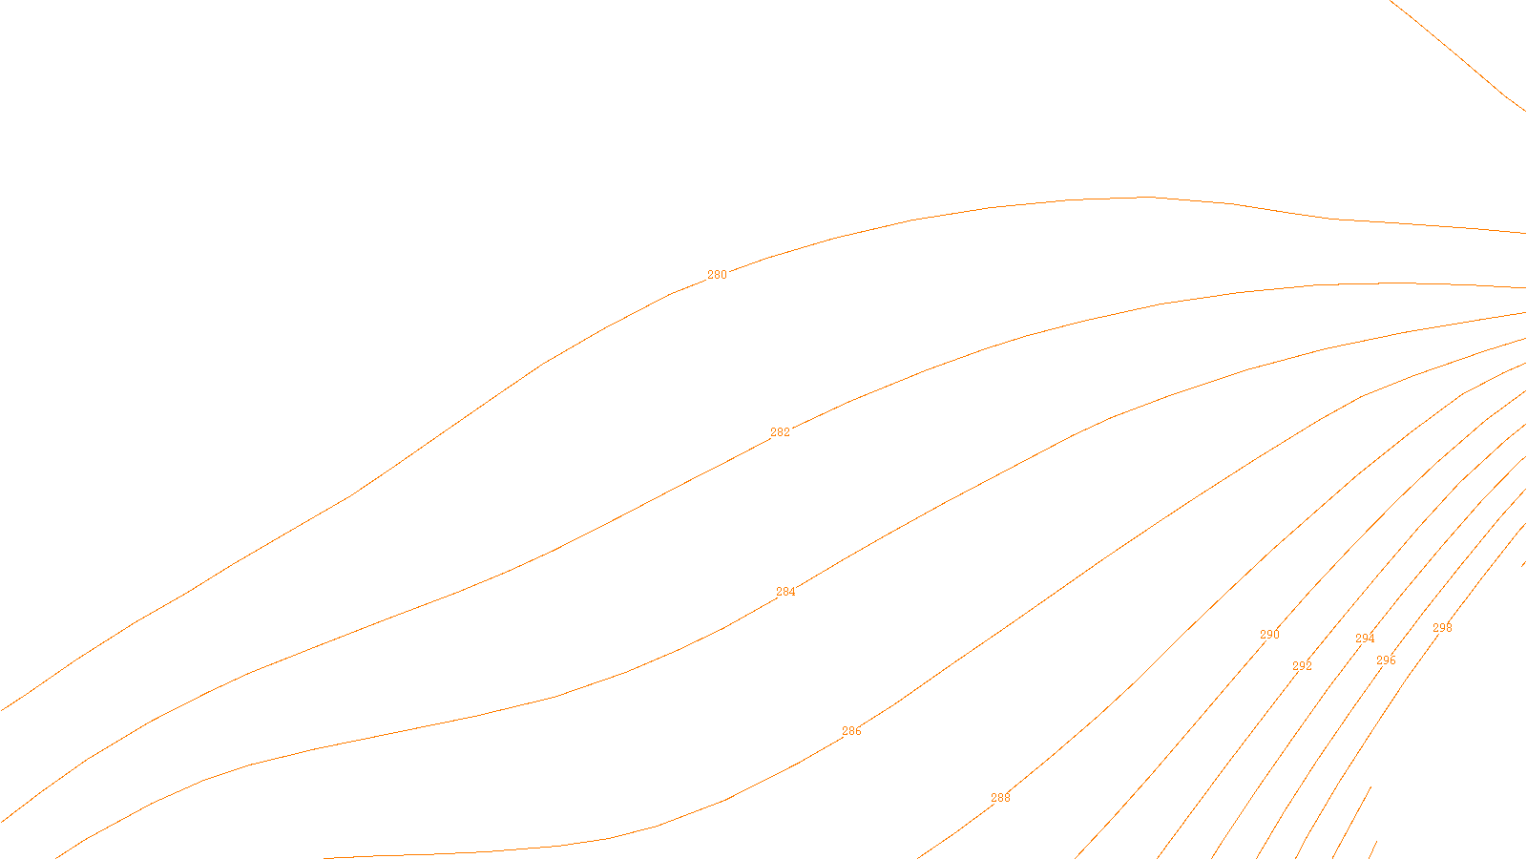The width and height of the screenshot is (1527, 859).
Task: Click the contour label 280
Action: (717, 275)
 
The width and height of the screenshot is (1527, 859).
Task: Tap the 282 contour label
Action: (780, 432)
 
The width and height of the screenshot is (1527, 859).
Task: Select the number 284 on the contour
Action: (785, 592)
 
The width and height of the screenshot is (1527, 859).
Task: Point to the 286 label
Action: (851, 731)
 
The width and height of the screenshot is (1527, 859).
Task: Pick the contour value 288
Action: (1000, 798)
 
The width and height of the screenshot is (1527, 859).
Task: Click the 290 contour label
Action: (1269, 635)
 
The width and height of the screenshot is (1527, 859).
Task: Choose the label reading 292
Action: (1302, 666)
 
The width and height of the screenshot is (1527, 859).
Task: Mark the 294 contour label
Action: (1365, 639)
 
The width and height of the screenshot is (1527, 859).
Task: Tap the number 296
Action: (1386, 660)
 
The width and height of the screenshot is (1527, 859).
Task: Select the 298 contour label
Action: (1442, 628)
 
